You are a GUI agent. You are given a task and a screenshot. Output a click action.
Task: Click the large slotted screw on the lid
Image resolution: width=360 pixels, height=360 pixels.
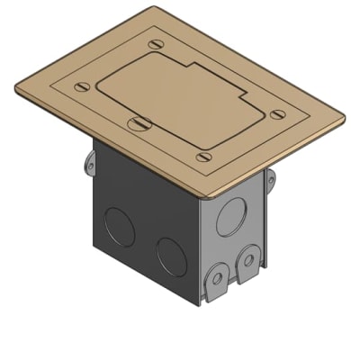[x=138, y=124]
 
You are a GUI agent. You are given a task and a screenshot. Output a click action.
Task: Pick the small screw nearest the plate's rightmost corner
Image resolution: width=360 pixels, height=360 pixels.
[x=276, y=113]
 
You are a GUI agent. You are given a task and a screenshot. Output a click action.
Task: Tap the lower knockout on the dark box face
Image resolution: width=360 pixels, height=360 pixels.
[x=168, y=256]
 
